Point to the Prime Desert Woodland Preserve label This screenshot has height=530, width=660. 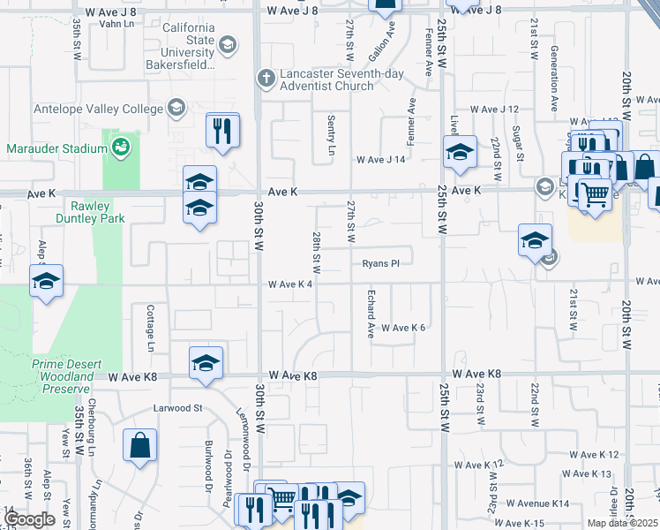pyautogui.click(x=67, y=376)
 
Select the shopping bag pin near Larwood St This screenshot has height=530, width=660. pyautogui.click(x=140, y=447)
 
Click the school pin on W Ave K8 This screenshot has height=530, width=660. pyautogui.click(x=206, y=363)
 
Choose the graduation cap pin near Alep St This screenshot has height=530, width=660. pyautogui.click(x=45, y=283)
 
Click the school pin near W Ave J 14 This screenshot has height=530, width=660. pyautogui.click(x=459, y=153)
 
